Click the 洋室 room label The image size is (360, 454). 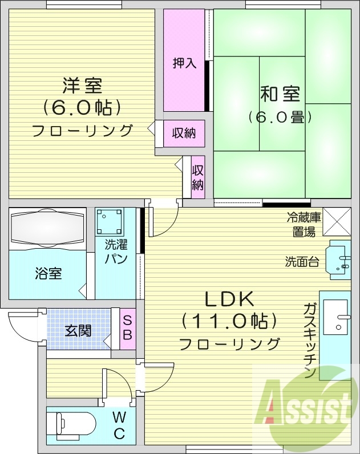point(82,86)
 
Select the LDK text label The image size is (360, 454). point(229,298)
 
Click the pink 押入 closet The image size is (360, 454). point(184,62)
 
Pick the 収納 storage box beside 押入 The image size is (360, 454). point(184,133)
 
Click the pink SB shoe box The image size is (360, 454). point(128,329)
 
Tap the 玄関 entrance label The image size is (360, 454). point(78,330)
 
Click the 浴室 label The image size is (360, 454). point(47,273)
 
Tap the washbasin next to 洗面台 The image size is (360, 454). point(339,261)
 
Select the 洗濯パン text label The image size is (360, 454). point(116,252)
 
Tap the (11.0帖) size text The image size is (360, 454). point(229,321)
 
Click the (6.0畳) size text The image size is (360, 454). point(280,117)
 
